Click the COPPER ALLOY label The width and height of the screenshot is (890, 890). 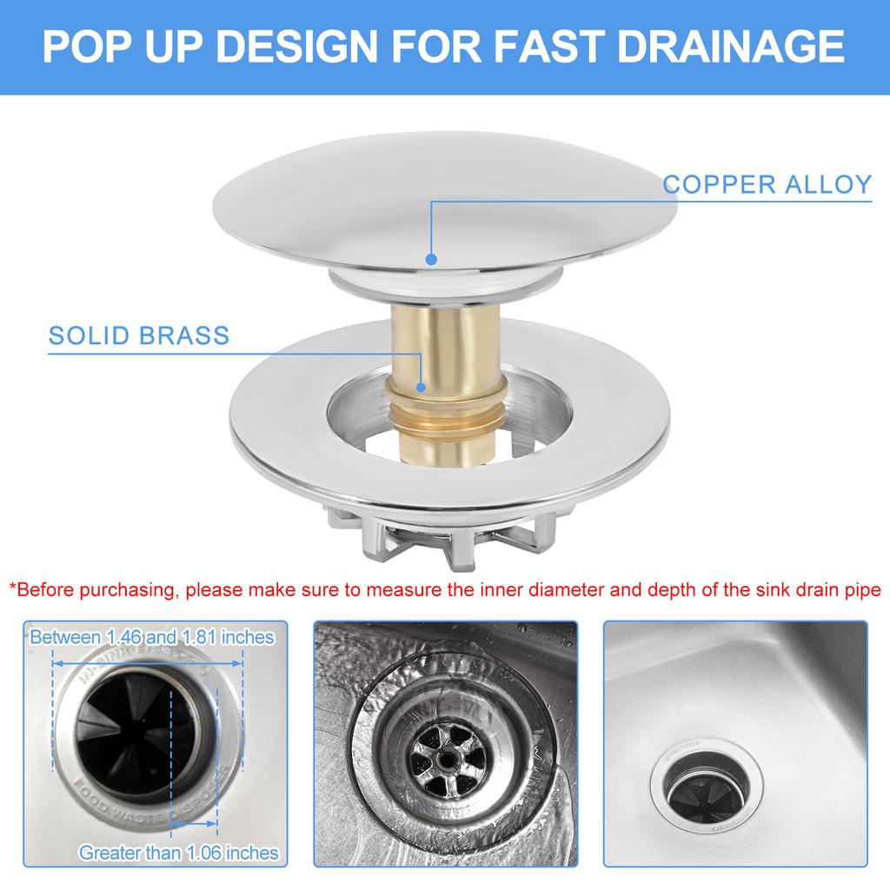click(767, 184)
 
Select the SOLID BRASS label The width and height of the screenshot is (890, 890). click(139, 335)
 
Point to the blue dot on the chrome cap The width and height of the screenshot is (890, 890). click(429, 258)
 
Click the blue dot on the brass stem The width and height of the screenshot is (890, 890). click(420, 388)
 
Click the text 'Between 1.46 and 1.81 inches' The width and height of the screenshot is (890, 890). click(152, 637)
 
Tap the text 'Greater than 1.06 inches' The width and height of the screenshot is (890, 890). click(178, 853)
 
